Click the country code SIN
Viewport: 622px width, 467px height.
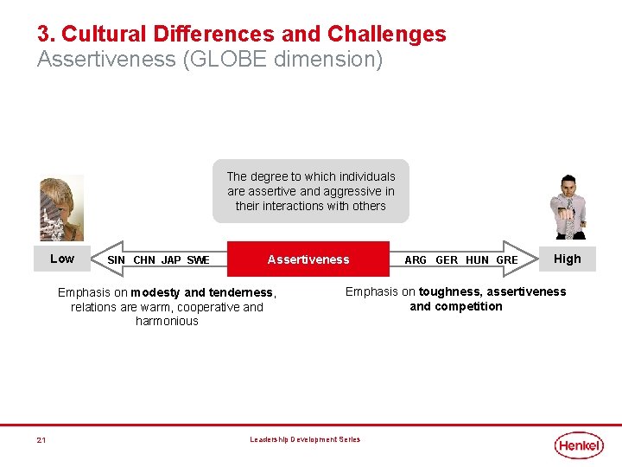pos(116,260)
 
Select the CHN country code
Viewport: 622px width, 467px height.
pos(144,260)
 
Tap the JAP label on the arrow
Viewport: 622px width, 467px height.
pos(171,260)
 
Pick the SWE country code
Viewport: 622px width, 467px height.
pos(198,260)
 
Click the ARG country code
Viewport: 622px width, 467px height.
pos(416,260)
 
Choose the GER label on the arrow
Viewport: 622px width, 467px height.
pos(447,260)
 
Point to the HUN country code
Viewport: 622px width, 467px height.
pos(477,260)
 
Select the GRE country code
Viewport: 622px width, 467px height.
pos(507,260)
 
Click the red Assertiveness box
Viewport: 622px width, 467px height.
pos(308,259)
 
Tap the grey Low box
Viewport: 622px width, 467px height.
pos(62,259)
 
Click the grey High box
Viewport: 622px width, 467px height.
pos(567,259)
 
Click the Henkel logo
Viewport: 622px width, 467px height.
pos(578,445)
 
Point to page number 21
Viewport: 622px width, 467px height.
pos(41,440)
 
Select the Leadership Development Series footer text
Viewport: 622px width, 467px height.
pos(305,439)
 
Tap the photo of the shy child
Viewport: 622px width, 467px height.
pos(61,208)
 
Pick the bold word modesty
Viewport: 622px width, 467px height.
pos(155,292)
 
